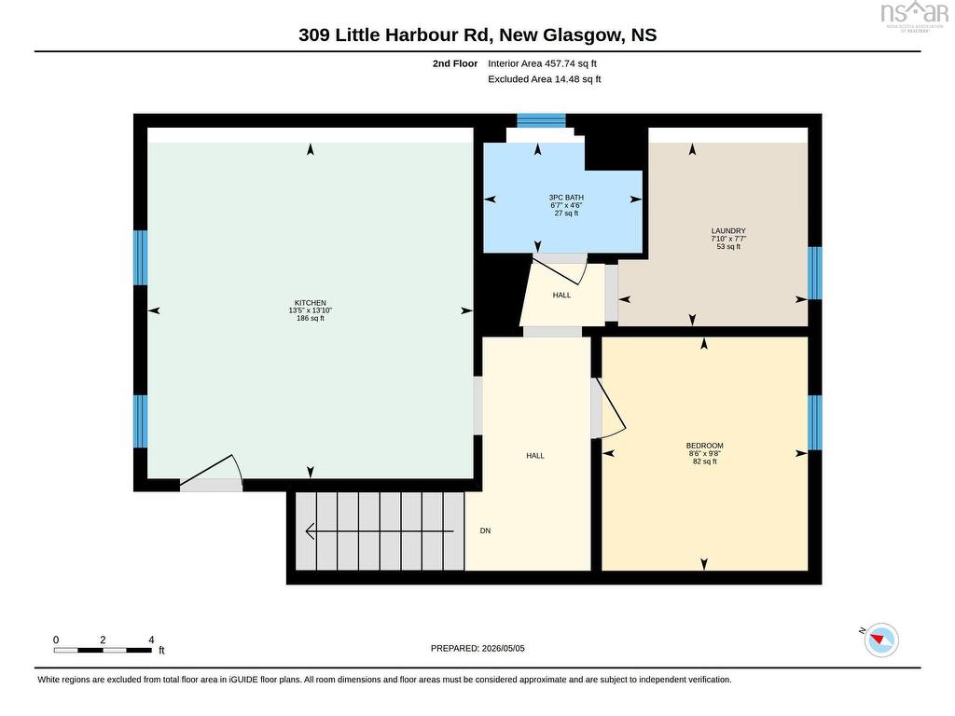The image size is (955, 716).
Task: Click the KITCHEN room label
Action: [x=310, y=303]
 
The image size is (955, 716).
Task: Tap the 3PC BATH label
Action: [x=566, y=198]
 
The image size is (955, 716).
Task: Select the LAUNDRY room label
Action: [x=728, y=231]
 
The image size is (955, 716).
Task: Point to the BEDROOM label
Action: [x=705, y=446]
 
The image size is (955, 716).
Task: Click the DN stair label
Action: [x=485, y=530]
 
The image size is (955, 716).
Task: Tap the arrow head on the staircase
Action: [x=310, y=531]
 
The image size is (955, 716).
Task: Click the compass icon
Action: [x=881, y=640]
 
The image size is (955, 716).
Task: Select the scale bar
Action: [x=103, y=650]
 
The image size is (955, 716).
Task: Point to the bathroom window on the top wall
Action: [x=542, y=120]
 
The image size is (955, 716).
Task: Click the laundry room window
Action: [x=815, y=273]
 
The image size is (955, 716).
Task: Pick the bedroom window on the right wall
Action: [x=815, y=422]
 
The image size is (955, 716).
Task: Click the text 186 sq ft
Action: [x=310, y=318]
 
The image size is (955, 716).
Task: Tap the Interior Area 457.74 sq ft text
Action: [x=542, y=63]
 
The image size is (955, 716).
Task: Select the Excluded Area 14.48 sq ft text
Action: [x=545, y=79]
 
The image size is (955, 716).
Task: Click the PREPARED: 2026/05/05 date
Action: [x=477, y=649]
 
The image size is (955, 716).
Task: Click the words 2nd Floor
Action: [x=455, y=63]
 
